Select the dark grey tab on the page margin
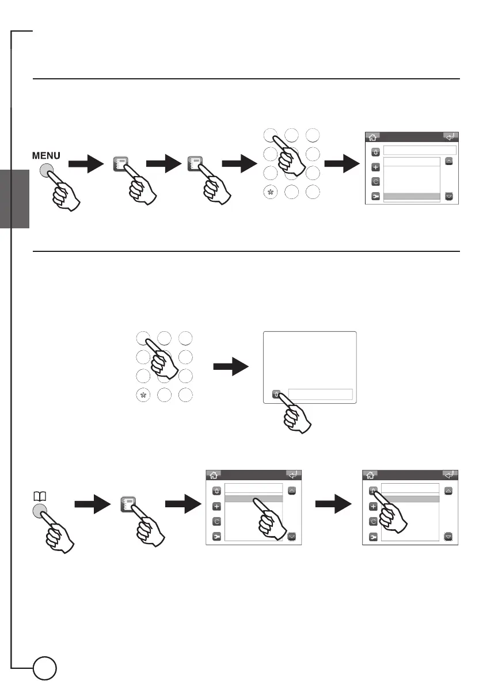15,199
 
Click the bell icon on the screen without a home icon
277,395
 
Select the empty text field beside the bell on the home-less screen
320,394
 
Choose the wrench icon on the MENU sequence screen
375,196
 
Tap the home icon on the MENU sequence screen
372,137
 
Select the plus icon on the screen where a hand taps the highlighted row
216,506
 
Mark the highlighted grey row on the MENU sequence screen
412,197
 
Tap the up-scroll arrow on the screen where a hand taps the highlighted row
292,491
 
